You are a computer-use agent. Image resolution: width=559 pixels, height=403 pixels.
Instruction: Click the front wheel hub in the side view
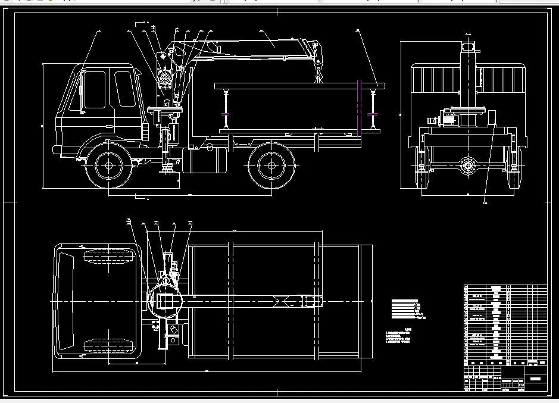click(108, 164)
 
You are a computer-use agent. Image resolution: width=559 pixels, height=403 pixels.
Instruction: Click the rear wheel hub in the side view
click(271, 164)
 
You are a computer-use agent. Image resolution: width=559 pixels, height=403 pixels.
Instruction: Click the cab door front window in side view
click(95, 90)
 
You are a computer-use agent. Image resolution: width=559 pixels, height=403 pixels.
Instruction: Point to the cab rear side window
click(124, 89)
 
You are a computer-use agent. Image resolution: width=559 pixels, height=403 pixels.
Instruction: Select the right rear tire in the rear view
click(513, 168)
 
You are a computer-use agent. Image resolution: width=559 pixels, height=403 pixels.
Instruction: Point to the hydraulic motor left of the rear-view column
click(445, 119)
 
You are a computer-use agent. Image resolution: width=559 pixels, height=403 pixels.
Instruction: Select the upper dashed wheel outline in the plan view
click(107, 258)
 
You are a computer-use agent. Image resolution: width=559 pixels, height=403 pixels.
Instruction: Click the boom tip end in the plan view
click(311, 301)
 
